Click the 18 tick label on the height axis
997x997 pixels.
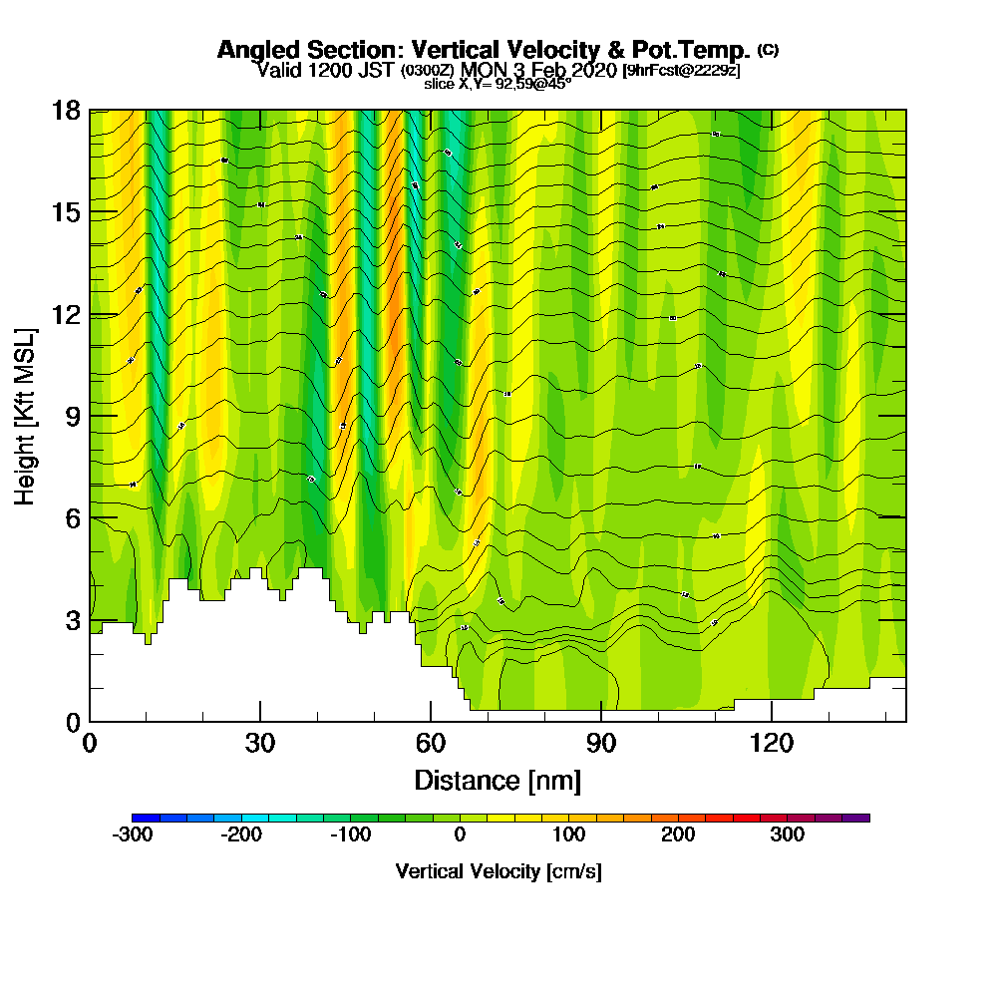pos(66,110)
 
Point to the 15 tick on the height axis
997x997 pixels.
pos(66,212)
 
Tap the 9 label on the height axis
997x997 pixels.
pos(72,416)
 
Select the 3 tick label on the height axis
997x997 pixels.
pos(72,620)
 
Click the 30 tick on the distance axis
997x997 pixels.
pos(260,744)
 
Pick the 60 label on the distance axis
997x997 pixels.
pos(431,744)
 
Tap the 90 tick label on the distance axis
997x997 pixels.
pos(601,744)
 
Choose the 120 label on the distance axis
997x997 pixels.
pos(772,744)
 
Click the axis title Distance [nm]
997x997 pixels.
pos(498,779)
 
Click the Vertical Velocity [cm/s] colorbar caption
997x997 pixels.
pos(498,871)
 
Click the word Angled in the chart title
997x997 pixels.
pos(250,50)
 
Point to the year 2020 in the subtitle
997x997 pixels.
pos(592,70)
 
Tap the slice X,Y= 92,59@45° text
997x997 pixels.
pos(498,85)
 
